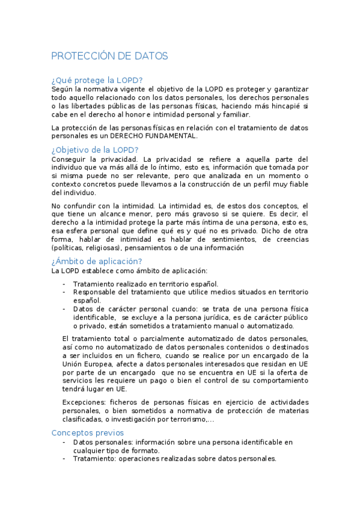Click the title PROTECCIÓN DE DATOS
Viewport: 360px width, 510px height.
point(109,56)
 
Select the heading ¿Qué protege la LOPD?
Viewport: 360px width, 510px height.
point(97,79)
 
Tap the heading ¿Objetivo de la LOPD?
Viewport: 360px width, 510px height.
point(95,150)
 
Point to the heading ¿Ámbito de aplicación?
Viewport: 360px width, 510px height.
point(97,261)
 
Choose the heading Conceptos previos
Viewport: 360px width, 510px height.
point(87,432)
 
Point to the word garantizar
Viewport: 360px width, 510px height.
point(288,88)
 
